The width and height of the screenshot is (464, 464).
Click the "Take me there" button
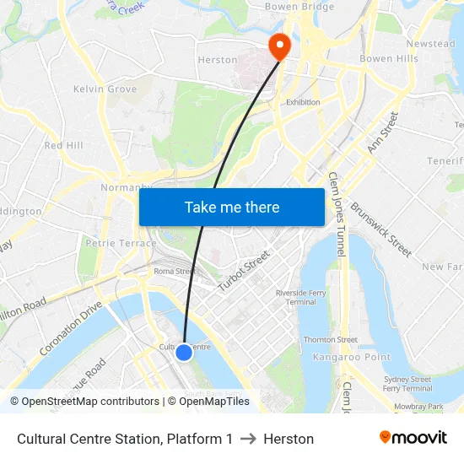tap(232, 207)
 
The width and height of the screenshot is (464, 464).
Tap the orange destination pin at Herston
tap(278, 46)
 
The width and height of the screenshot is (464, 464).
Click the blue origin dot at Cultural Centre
tap(184, 353)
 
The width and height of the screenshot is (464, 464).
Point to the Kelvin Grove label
tap(105, 89)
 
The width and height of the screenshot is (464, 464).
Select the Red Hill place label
tap(64, 145)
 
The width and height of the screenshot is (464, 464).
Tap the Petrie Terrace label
tap(121, 243)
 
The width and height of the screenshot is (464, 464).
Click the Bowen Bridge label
tap(299, 7)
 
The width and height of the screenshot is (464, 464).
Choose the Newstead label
tap(430, 44)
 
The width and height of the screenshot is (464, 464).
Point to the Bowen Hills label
tap(389, 59)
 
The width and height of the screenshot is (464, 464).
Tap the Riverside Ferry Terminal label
tap(301, 297)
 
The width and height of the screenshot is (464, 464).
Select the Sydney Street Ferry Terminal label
tap(407, 384)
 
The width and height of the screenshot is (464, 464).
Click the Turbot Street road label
tap(244, 272)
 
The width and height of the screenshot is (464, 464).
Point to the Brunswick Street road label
tap(380, 229)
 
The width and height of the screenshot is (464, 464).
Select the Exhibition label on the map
tap(303, 102)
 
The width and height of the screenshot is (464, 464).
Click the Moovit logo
tap(413, 438)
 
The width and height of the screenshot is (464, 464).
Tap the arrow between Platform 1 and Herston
tap(248, 439)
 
